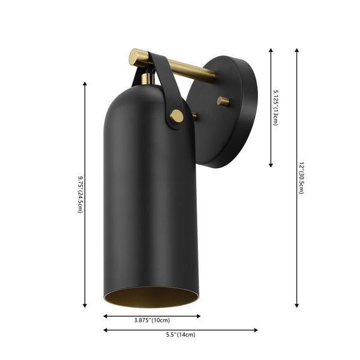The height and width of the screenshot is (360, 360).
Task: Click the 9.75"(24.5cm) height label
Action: click(80, 196)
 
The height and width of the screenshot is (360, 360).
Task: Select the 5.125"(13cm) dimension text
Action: click(275, 107)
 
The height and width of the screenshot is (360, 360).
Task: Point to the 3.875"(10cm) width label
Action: click(152, 320)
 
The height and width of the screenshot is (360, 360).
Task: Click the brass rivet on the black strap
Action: click(176, 116)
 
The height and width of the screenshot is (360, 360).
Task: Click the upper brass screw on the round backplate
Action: click(223, 101)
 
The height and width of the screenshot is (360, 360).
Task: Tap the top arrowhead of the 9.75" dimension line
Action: click(85, 85)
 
